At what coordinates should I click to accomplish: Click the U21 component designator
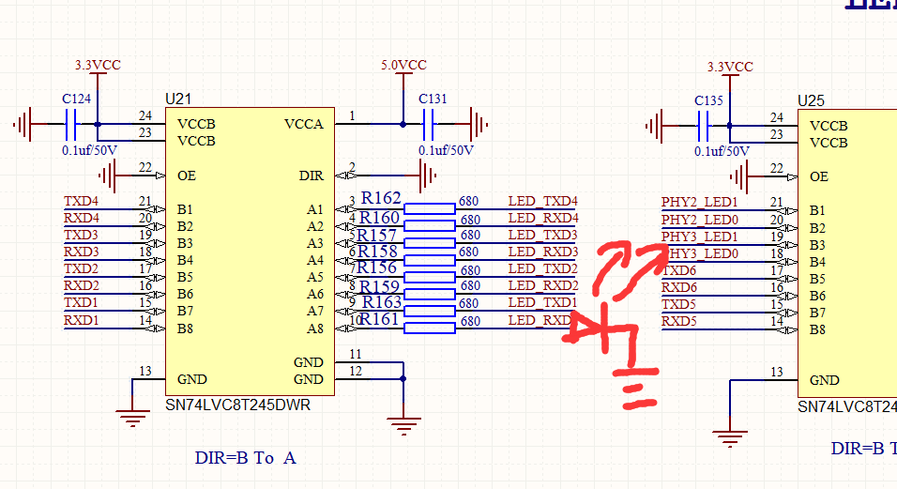pos(178,99)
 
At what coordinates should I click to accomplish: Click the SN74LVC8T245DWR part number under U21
pos(237,406)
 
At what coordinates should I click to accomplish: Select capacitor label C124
pos(77,99)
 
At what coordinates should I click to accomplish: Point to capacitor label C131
pos(433,99)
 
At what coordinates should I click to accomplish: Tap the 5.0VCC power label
pos(403,66)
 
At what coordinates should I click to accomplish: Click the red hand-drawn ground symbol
pos(633,394)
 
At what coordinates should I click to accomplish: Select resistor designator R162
pos(380,199)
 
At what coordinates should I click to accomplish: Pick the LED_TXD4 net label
pos(542,201)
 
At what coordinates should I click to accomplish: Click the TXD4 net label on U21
pos(81,201)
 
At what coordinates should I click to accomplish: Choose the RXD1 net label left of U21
pos(81,320)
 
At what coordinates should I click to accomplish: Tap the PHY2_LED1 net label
pos(699,202)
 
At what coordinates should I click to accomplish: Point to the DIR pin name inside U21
pos(311,176)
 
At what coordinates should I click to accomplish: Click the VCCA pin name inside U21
pos(303,124)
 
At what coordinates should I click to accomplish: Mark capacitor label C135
pos(708,100)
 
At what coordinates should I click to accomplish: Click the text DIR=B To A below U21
pos(245,458)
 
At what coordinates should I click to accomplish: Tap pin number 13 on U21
pos(144,372)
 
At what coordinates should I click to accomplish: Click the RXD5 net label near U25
pos(679,322)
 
